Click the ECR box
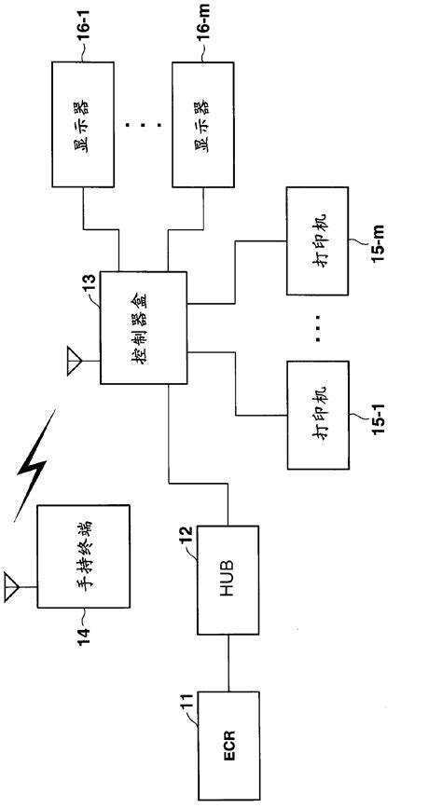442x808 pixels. click(x=228, y=745)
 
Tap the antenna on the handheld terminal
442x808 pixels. click(x=13, y=586)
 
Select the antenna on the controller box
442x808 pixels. click(x=73, y=360)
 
